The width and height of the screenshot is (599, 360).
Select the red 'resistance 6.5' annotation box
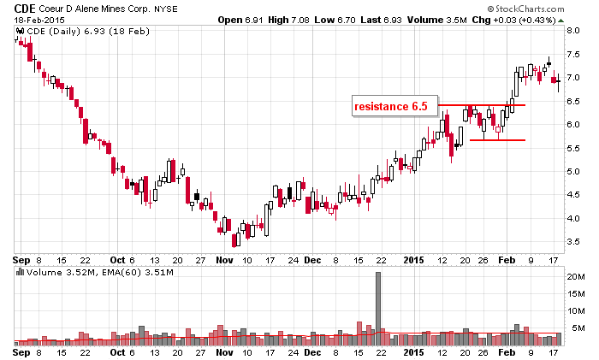click(x=394, y=106)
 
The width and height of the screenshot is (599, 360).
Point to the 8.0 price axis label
click(x=575, y=30)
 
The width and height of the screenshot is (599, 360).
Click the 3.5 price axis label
click(x=575, y=243)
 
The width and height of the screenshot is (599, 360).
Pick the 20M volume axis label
click(x=577, y=277)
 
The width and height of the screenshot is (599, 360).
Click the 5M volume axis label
click(x=575, y=328)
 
